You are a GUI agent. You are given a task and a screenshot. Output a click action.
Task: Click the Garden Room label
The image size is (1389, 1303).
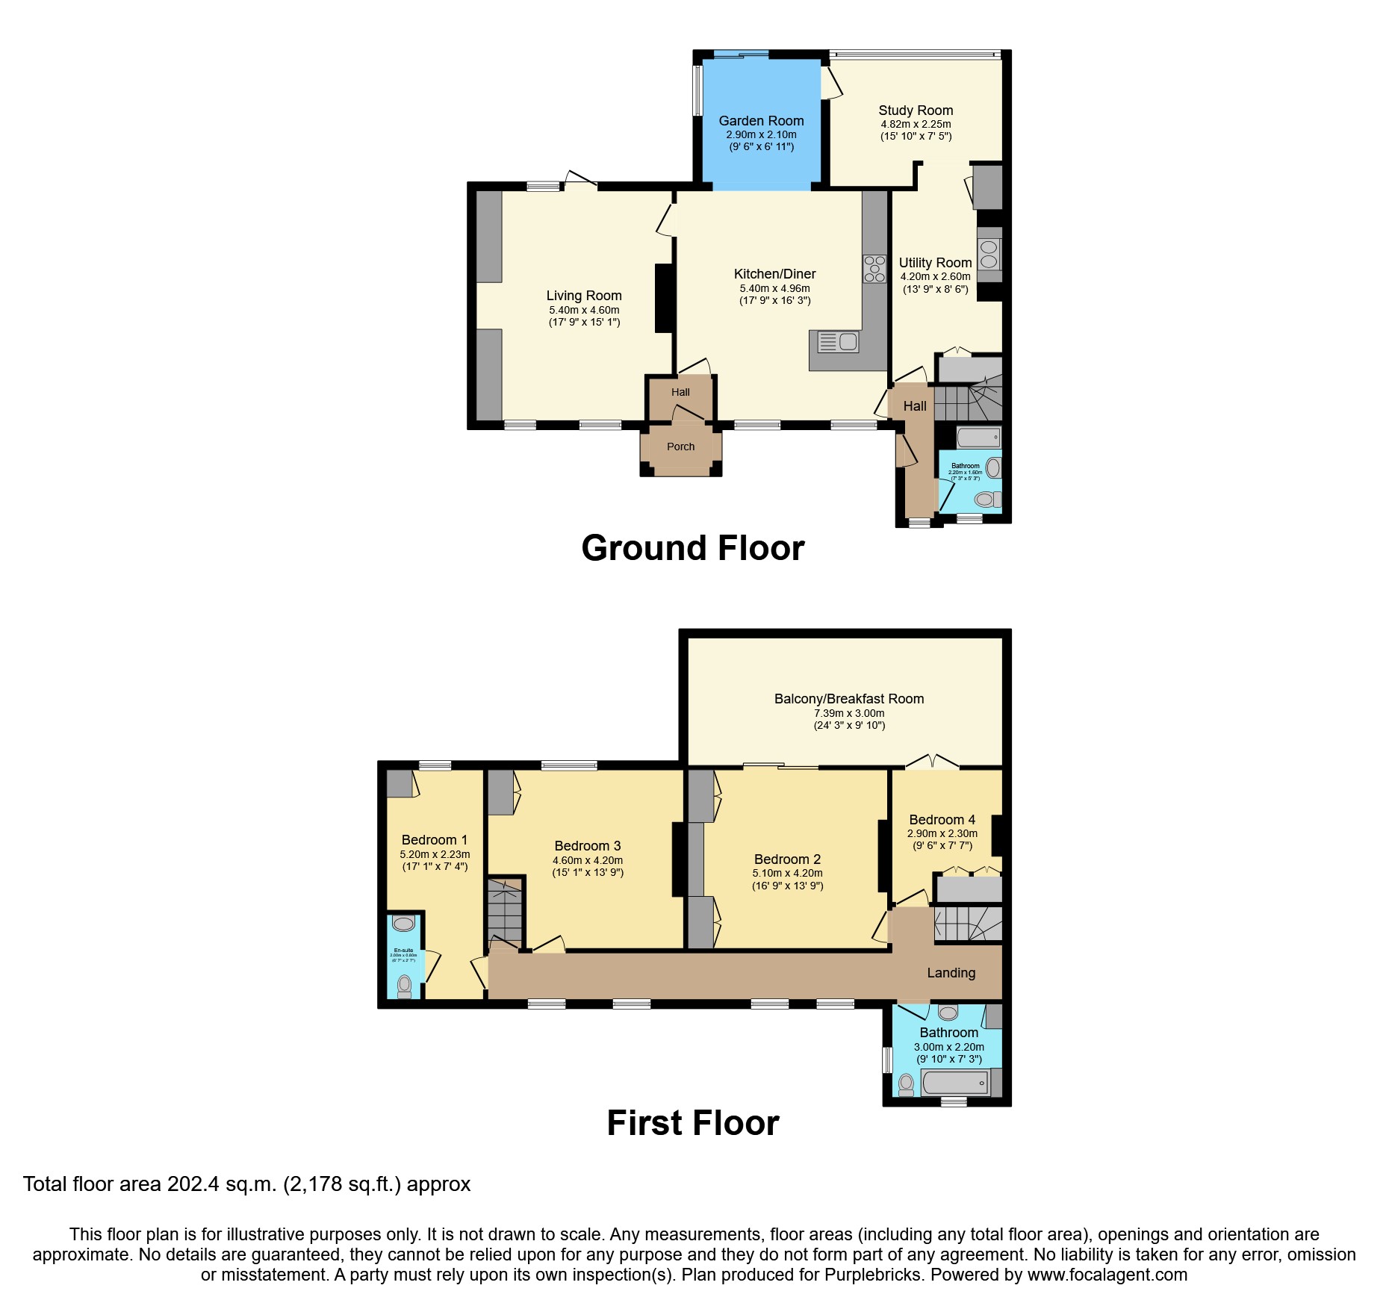[x=761, y=121]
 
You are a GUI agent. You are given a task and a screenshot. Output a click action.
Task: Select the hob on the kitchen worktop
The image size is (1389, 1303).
[x=874, y=269]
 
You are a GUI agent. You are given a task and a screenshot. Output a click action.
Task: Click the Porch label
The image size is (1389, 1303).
[x=680, y=447]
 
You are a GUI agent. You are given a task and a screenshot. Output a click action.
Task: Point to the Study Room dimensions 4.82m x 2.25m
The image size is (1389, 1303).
[x=916, y=124]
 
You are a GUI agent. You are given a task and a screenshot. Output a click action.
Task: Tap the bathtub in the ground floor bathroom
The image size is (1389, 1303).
[x=978, y=437]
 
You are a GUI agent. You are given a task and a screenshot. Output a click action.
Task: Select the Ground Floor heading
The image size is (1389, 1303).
[x=692, y=548]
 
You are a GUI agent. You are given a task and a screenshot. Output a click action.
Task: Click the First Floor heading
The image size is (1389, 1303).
[x=692, y=1123]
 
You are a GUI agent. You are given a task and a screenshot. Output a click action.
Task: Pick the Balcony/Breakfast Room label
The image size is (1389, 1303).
[x=849, y=699]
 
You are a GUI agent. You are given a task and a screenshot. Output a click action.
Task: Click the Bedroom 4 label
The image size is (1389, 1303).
[x=942, y=820]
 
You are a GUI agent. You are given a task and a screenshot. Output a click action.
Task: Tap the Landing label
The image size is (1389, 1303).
[x=951, y=973]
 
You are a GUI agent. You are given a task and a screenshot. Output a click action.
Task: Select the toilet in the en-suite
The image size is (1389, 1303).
[x=405, y=984]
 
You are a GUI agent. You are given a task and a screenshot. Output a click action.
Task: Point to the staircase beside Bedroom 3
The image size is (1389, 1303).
[x=505, y=911]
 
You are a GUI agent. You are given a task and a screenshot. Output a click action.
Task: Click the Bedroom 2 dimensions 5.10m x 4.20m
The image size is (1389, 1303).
[x=787, y=873]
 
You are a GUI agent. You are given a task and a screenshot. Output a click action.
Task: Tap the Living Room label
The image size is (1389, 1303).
[x=583, y=296]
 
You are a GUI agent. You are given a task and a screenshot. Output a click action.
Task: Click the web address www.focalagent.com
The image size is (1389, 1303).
[x=1107, y=1275]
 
